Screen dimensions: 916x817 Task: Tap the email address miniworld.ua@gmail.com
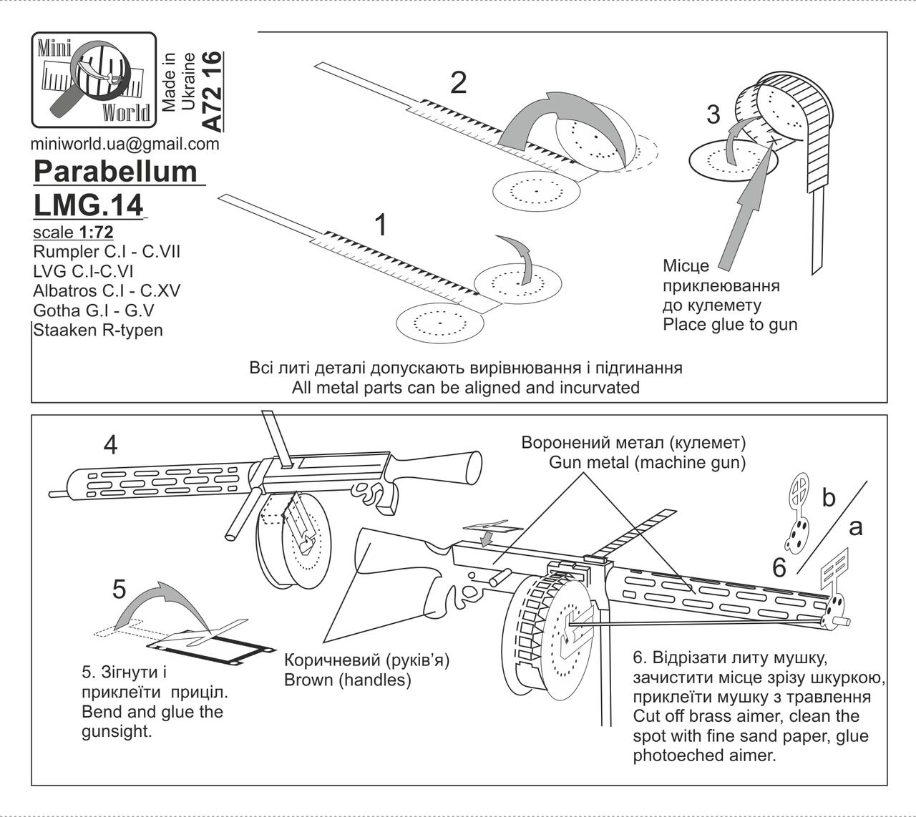click(x=125, y=145)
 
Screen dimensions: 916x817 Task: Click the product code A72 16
click(x=213, y=92)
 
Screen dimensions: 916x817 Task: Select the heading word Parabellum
click(x=115, y=172)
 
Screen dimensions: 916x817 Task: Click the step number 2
click(x=458, y=83)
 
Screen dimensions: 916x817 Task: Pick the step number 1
click(x=381, y=225)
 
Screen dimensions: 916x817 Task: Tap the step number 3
click(x=713, y=114)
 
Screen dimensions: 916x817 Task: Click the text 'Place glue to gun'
click(x=730, y=325)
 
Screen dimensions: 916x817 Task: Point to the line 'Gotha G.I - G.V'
click(x=94, y=310)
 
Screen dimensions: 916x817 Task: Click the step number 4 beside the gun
click(x=111, y=444)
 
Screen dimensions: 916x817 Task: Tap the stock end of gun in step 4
click(x=474, y=466)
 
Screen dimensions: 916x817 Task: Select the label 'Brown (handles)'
click(x=348, y=680)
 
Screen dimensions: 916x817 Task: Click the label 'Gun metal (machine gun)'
click(x=647, y=463)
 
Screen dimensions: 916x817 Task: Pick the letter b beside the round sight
click(x=828, y=497)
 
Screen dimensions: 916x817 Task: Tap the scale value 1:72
click(x=97, y=233)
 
